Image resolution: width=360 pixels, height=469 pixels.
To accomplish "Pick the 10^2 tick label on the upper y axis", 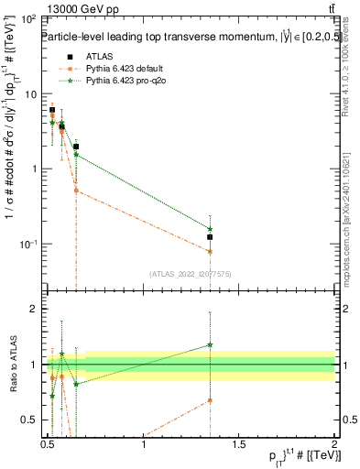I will coord(27,19).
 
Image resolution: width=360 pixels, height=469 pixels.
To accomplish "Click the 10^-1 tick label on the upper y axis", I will coord(27,244).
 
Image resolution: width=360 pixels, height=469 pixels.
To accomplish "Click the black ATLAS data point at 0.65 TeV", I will coord(76,147).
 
